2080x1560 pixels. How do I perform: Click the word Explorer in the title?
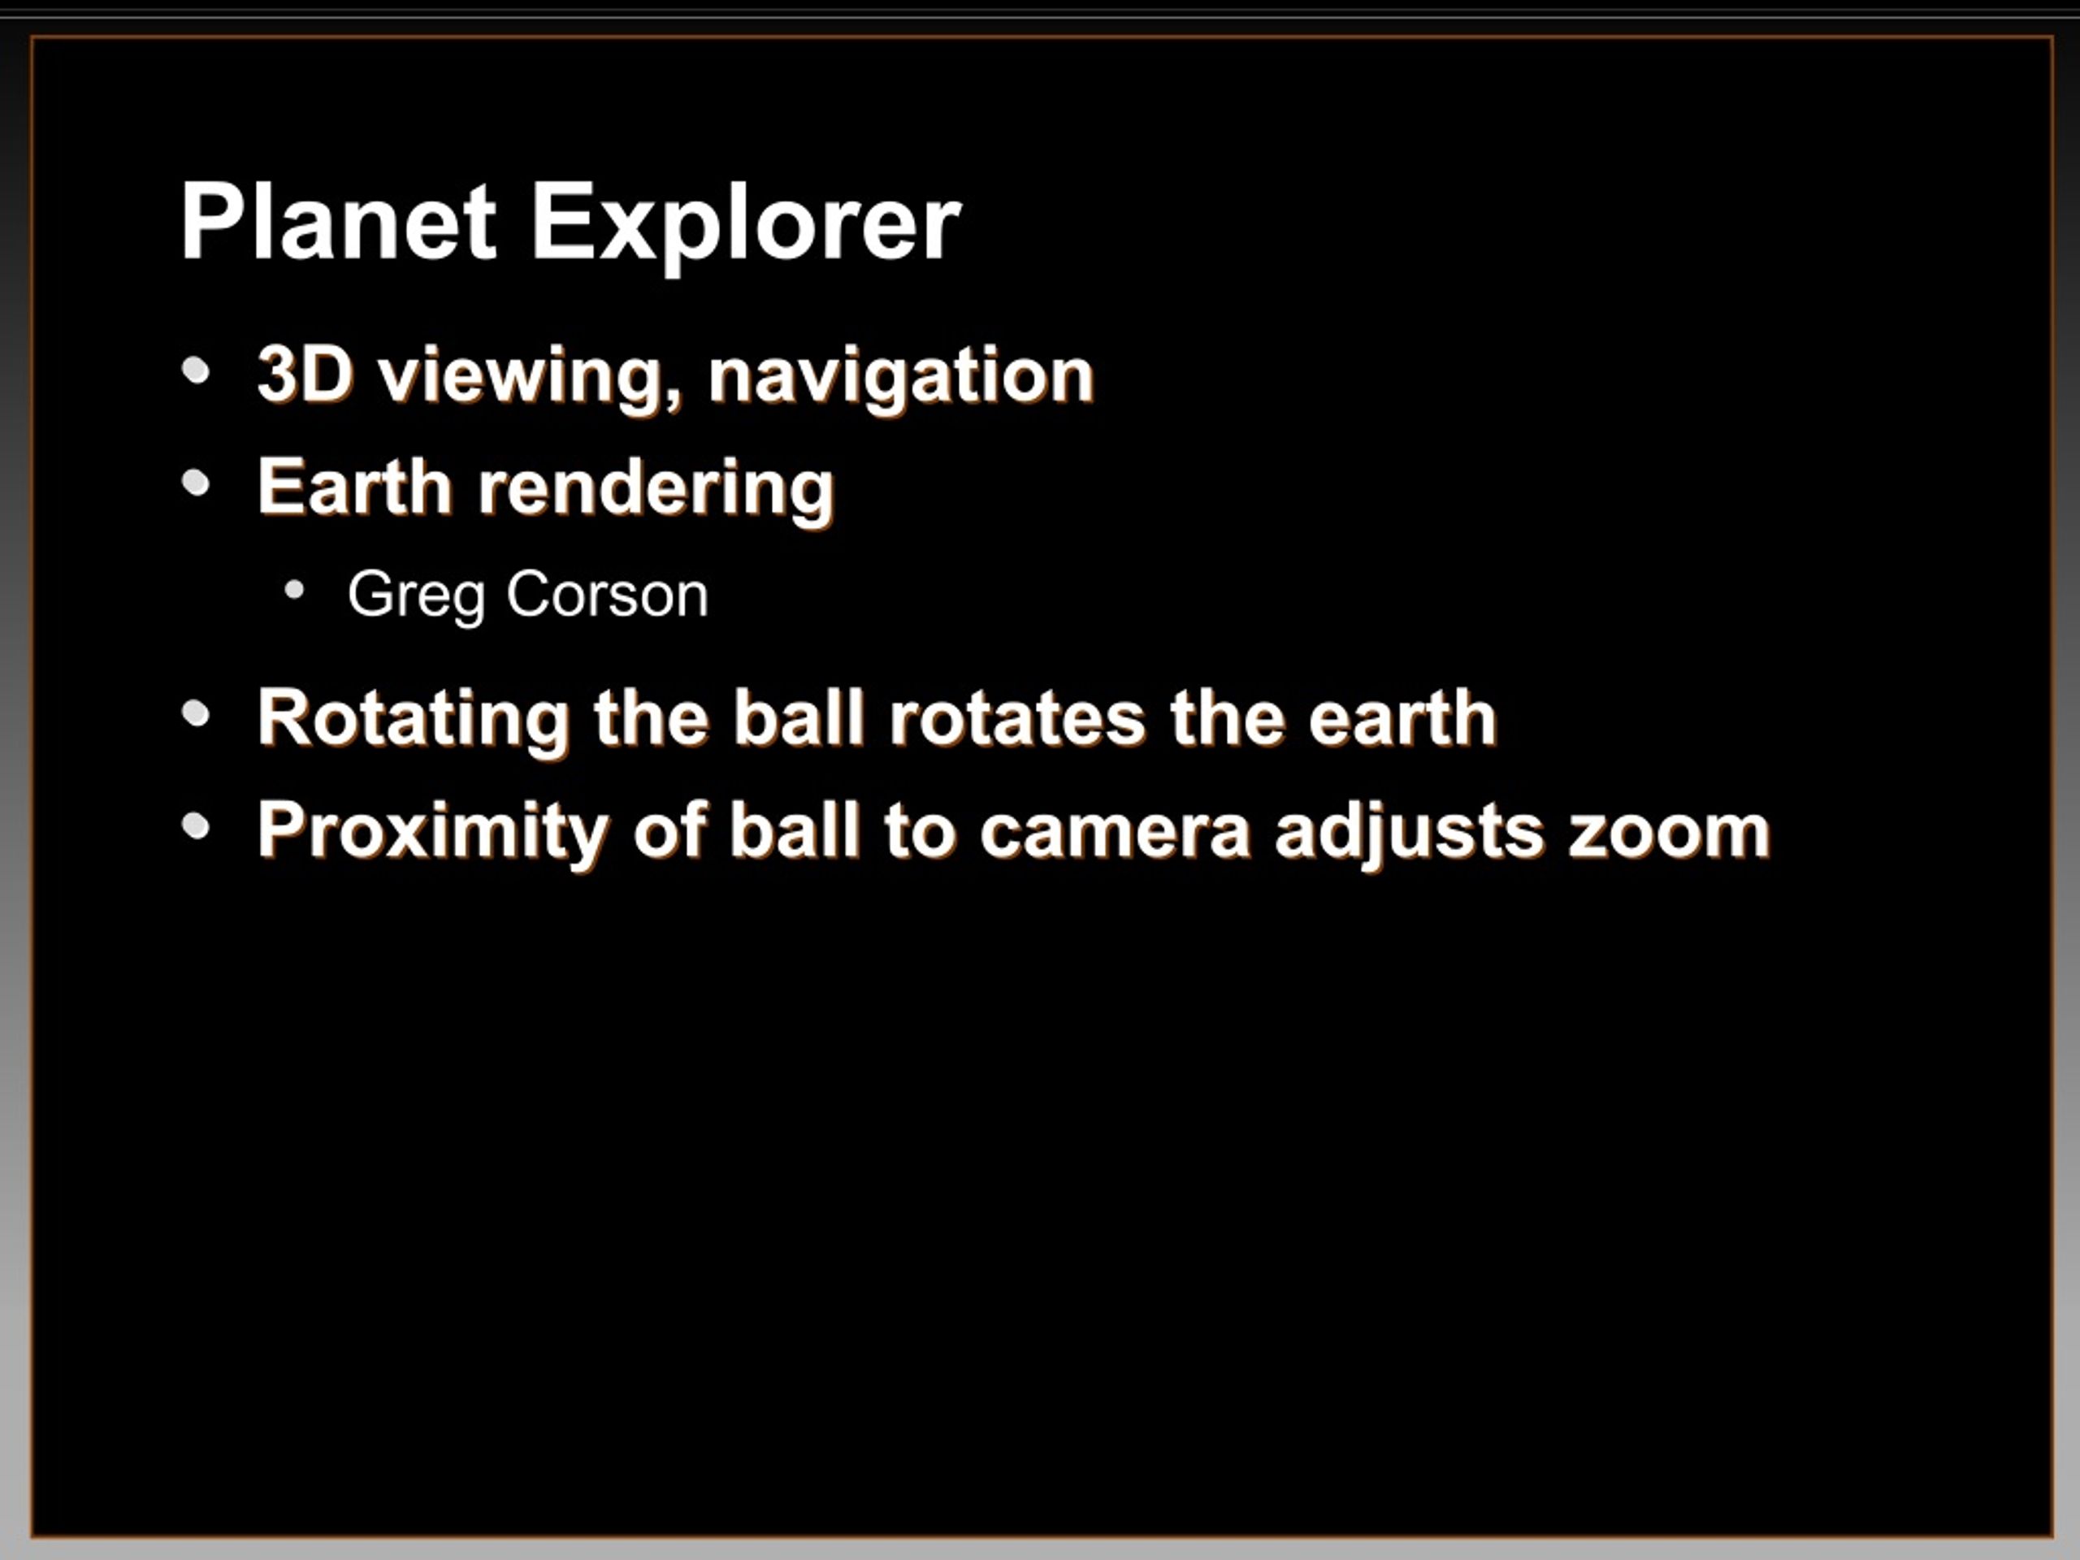point(747,227)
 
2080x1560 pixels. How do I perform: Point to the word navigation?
point(902,379)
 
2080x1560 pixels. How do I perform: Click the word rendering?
point(656,491)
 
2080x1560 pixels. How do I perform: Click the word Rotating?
point(414,721)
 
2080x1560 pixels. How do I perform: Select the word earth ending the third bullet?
point(1402,717)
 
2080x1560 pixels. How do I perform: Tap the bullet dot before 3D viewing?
point(196,370)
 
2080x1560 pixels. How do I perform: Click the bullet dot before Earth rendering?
point(196,483)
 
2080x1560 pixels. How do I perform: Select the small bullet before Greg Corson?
point(295,591)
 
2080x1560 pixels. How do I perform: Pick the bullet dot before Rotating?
point(196,713)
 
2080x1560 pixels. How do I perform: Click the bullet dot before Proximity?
point(196,826)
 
